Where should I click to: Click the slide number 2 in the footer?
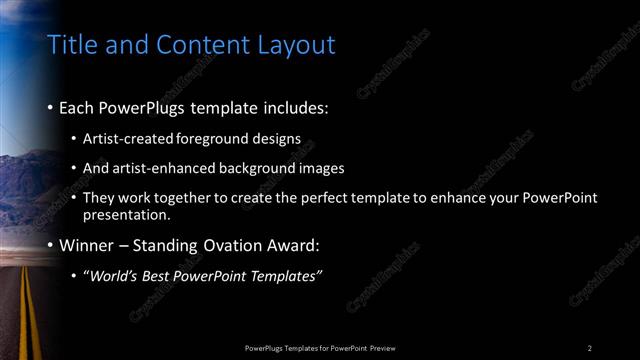coord(590,348)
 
